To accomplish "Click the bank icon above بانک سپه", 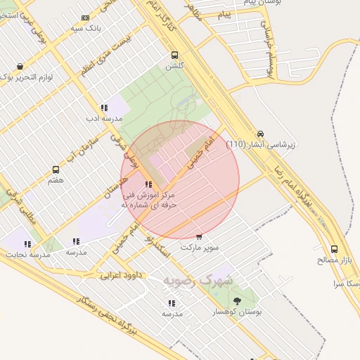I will (x=86, y=18).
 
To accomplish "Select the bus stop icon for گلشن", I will (x=174, y=55).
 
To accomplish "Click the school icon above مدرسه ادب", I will (x=104, y=108).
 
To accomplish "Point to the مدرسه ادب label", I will (x=104, y=119).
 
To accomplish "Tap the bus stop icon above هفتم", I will (x=56, y=169).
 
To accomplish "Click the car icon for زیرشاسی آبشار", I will (x=261, y=133).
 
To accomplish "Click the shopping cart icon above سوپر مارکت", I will (x=200, y=236).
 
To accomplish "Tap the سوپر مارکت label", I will (x=200, y=247).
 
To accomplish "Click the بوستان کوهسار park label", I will (x=236, y=311).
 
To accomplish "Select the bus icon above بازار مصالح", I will (x=334, y=249).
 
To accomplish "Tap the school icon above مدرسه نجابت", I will (x=28, y=243).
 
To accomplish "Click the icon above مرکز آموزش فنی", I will (x=147, y=184).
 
